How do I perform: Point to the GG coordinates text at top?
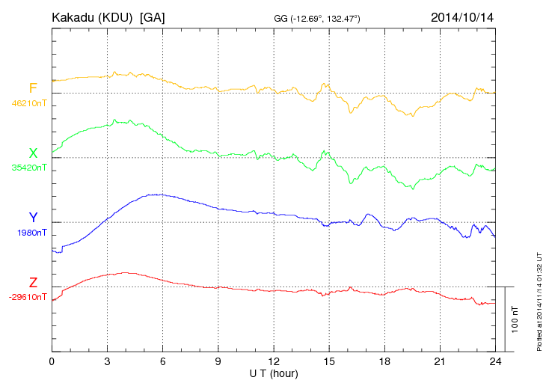point(318,17)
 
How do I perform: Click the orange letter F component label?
point(33,89)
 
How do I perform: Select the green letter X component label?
point(33,153)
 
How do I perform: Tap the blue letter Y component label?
point(33,218)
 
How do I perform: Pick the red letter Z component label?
point(33,282)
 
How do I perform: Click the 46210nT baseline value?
point(28,103)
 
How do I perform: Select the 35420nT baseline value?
point(28,168)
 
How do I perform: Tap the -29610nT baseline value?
point(27,297)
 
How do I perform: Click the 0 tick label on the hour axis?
point(52,361)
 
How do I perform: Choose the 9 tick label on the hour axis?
point(218,361)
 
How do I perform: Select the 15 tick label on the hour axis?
point(329,361)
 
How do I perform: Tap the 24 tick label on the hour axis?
point(495,361)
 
